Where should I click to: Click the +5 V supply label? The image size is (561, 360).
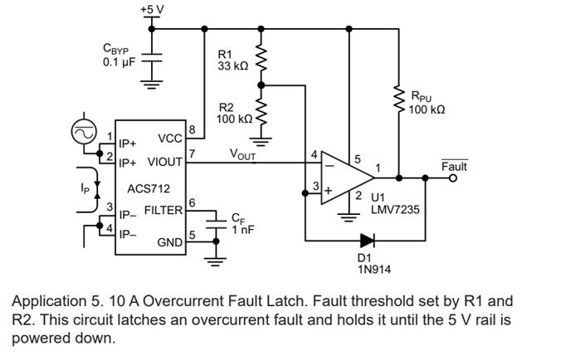(x=152, y=8)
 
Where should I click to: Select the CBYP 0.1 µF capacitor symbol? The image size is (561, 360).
(x=153, y=61)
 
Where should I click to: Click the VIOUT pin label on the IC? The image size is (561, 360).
(x=165, y=162)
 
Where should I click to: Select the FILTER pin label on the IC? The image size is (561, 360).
(x=163, y=210)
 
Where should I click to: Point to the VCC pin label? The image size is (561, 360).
(x=169, y=138)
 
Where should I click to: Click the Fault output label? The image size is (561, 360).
(x=454, y=167)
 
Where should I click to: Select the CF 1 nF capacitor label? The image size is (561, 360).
(x=238, y=224)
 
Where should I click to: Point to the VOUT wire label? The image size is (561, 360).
(x=244, y=154)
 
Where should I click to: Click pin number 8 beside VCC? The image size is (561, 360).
(x=192, y=129)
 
